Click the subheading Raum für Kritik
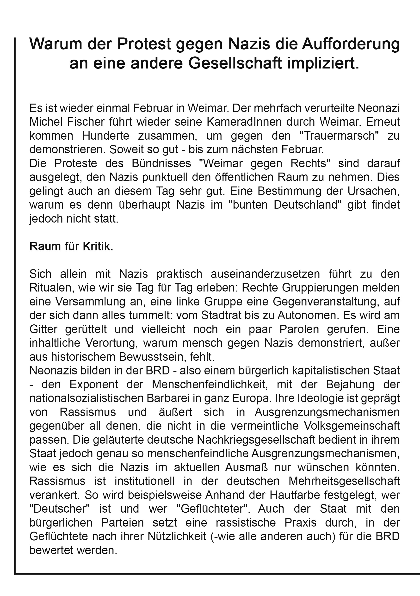[x=71, y=246]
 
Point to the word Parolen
[x=299, y=329]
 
